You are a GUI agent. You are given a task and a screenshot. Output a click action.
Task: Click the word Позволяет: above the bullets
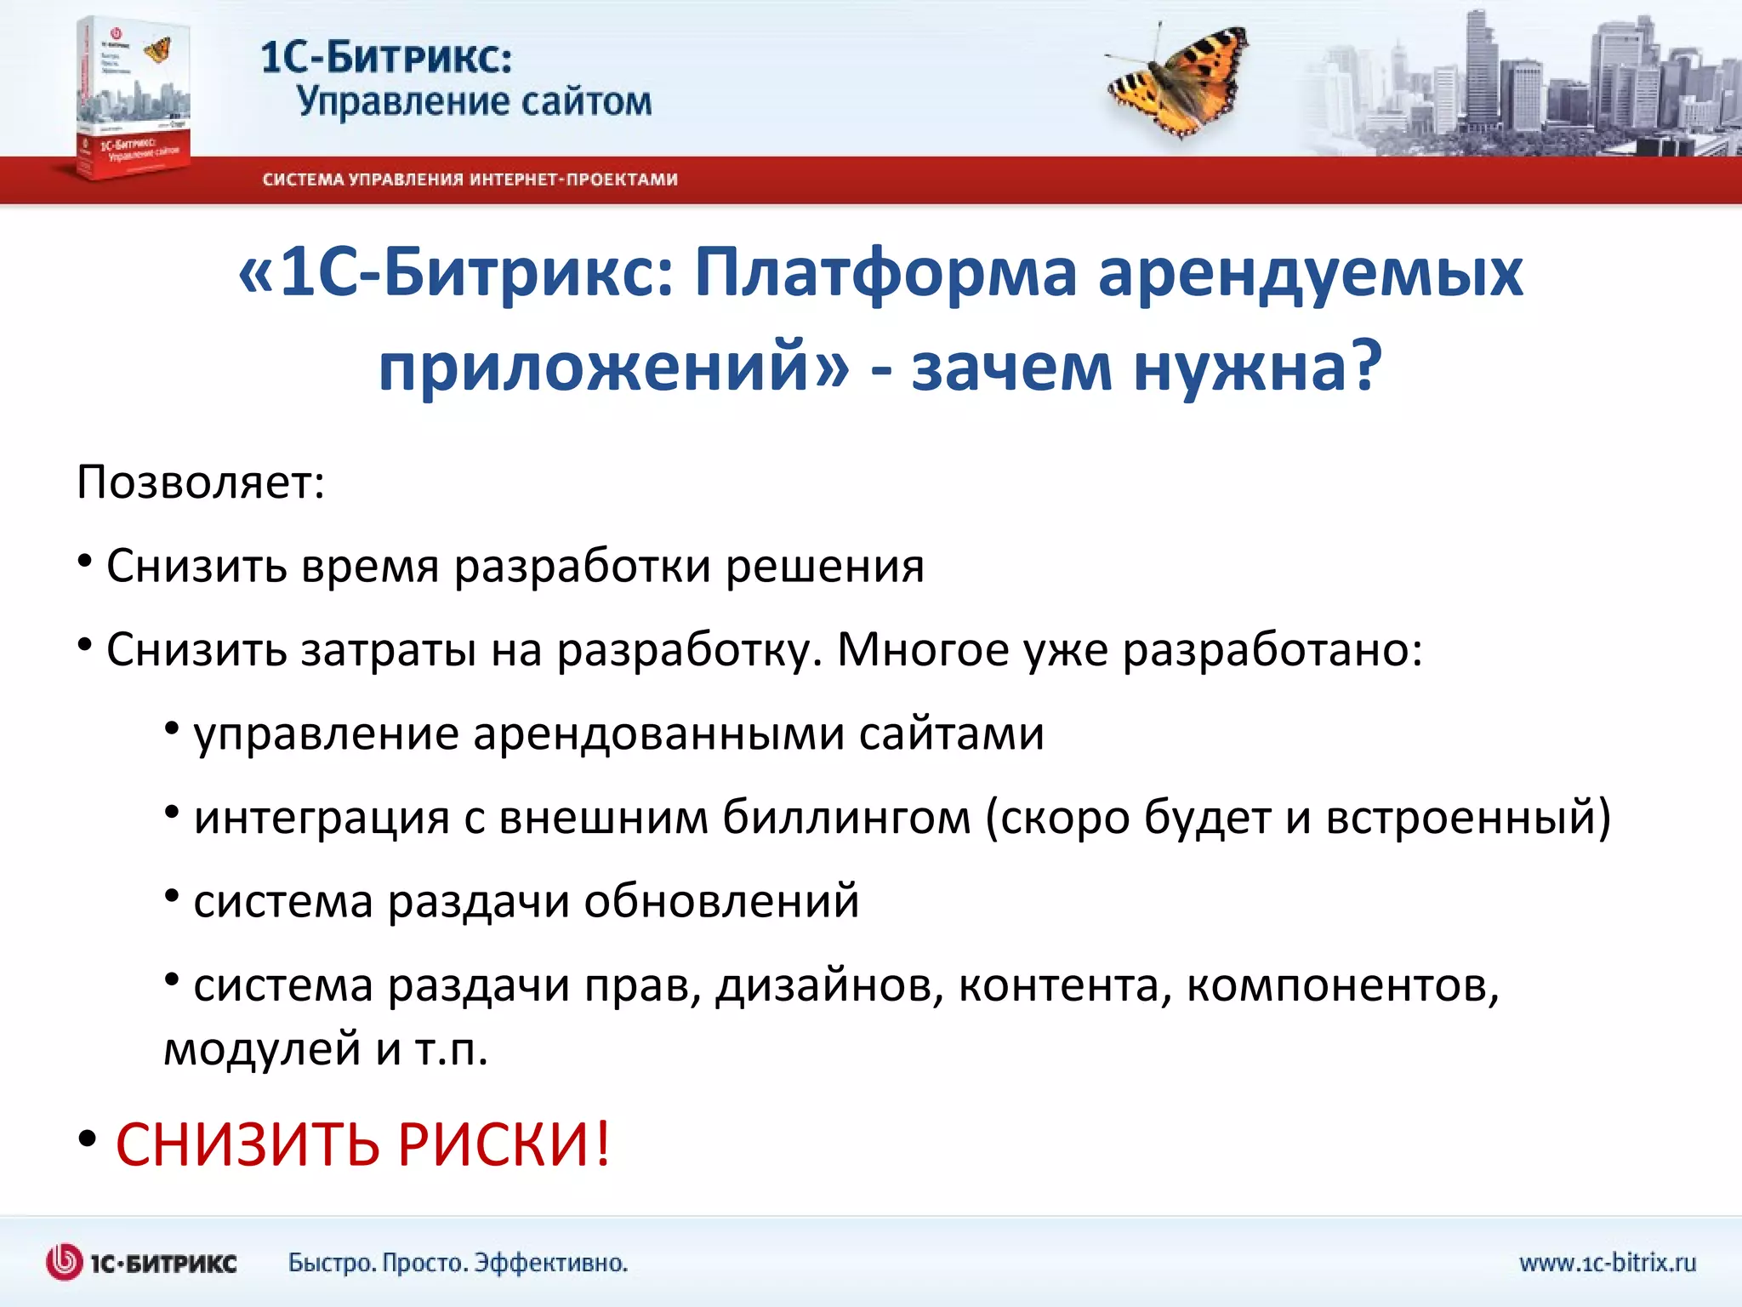point(201,482)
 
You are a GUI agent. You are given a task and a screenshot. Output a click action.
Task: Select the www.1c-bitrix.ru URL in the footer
point(1607,1263)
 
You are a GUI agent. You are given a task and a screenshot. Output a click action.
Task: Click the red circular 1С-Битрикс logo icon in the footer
point(64,1263)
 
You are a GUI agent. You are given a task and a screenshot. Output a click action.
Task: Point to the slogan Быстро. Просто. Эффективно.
point(458,1263)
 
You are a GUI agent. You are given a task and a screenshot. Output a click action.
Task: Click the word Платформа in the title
point(885,274)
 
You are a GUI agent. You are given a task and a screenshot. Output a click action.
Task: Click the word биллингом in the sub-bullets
point(846,817)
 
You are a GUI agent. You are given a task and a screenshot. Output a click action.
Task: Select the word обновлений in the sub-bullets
point(721,901)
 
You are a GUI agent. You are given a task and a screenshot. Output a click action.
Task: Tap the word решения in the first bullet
point(824,567)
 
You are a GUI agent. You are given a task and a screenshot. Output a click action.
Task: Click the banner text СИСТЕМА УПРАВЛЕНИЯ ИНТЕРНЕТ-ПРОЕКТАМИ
point(470,180)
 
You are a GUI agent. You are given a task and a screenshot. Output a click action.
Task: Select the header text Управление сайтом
point(474,102)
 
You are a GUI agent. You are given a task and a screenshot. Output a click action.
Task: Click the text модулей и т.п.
point(326,1048)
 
